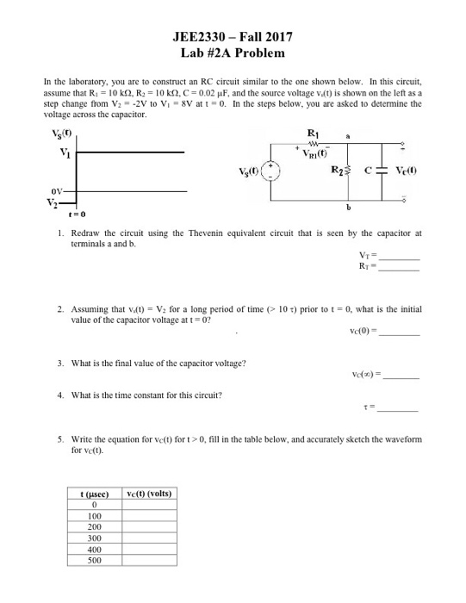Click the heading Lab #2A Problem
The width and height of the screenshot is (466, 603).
pyautogui.click(x=233, y=53)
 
